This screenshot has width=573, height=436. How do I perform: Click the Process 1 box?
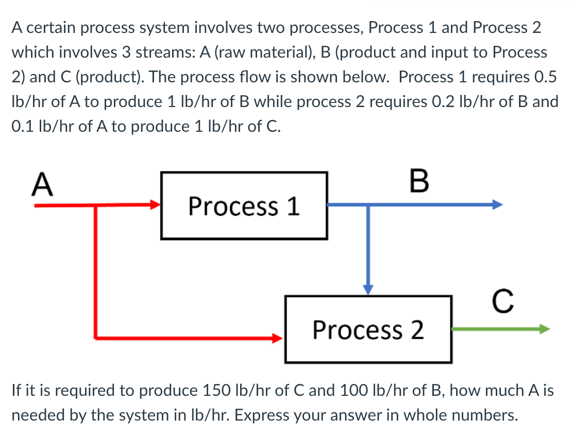[x=244, y=206]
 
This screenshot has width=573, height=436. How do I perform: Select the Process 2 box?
[x=368, y=329]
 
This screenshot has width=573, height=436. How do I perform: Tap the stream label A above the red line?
[x=43, y=185]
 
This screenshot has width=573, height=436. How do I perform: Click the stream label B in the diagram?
[x=418, y=183]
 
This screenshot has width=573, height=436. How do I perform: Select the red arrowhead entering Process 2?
[x=279, y=338]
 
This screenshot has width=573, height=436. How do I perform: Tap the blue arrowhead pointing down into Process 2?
[x=368, y=289]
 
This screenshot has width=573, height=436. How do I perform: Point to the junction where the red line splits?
[x=96, y=205]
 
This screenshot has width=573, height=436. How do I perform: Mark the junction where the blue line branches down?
[x=368, y=205]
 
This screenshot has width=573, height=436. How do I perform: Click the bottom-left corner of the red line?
[x=96, y=338]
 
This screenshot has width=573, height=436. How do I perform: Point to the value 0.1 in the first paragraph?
[x=23, y=127]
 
